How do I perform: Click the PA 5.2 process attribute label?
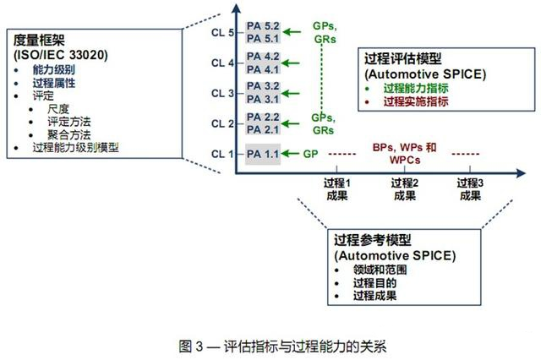[263, 26]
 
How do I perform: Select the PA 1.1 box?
[263, 154]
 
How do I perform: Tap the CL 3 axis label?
[222, 94]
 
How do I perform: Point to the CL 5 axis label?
[222, 33]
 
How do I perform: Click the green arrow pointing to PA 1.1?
[291, 154]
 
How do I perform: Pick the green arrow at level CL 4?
[291, 63]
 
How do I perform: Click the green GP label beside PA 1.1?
[310, 154]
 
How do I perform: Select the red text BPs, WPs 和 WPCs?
[404, 154]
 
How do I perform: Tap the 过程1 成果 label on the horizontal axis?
[336, 189]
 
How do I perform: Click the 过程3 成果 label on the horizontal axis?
[470, 189]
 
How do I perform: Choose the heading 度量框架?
[39, 40]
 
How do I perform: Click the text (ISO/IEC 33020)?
[61, 54]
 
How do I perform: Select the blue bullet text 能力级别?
[54, 69]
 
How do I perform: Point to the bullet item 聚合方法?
[69, 134]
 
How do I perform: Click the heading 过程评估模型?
[403, 58]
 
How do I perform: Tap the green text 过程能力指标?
[416, 88]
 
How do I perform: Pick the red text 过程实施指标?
[416, 101]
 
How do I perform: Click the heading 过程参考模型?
[373, 240]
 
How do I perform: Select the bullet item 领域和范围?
[380, 270]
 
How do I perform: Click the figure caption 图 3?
[190, 346]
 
